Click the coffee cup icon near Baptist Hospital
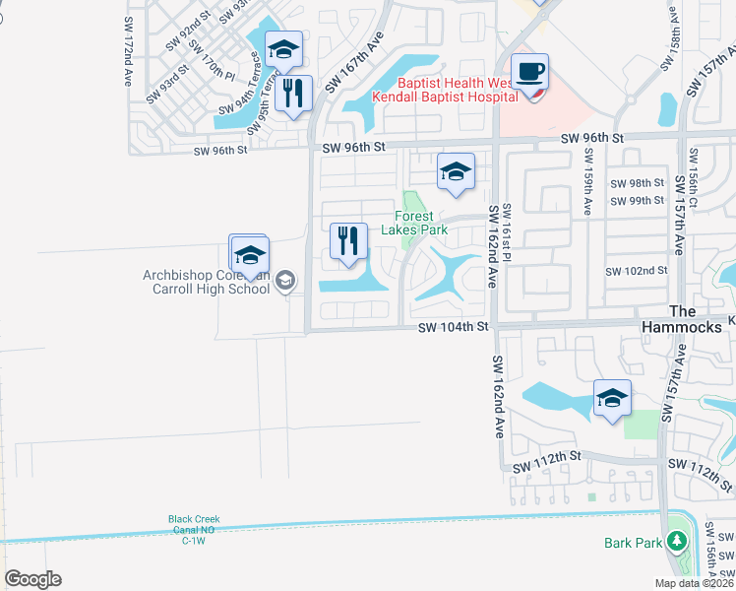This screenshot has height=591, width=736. pyautogui.click(x=529, y=72)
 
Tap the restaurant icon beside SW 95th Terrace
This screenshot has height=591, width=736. pyautogui.click(x=293, y=94)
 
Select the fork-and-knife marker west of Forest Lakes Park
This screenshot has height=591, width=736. pyautogui.click(x=347, y=241)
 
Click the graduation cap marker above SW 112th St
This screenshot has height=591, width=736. pyautogui.click(x=612, y=399)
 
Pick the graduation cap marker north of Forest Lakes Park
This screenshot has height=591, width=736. pyautogui.click(x=456, y=172)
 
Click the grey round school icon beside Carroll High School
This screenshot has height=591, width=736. pyautogui.click(x=285, y=283)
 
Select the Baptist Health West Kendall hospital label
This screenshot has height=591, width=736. pyautogui.click(x=459, y=91)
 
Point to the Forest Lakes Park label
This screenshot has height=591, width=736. pyautogui.click(x=421, y=223)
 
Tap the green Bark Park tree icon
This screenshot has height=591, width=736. pyautogui.click(x=676, y=541)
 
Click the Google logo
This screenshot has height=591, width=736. pyautogui.click(x=32, y=579)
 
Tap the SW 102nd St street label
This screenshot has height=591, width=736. pyautogui.click(x=637, y=271)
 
